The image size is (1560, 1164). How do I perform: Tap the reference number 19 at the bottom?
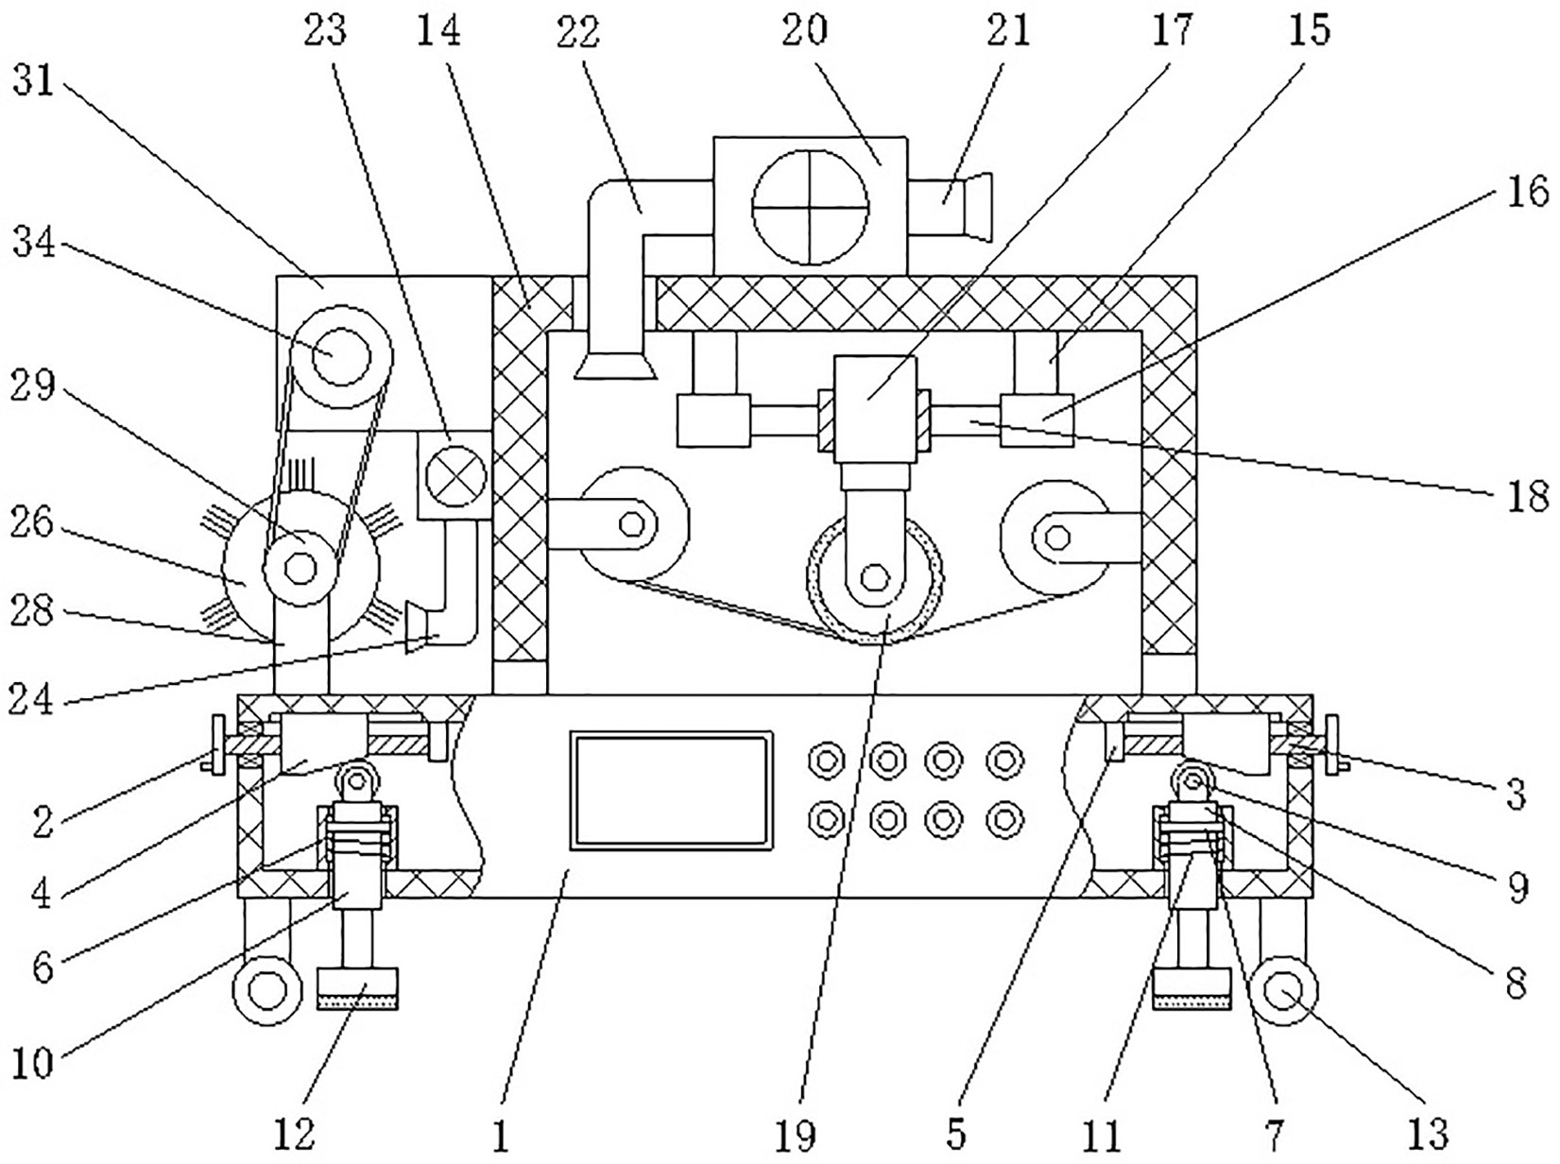point(796,1137)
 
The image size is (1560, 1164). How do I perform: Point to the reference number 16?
point(1527,192)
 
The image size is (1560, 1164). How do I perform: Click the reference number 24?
point(32,699)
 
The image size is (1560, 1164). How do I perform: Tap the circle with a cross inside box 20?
point(810,208)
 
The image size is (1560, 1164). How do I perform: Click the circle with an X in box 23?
point(455,476)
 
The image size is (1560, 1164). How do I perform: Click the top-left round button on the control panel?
point(826,762)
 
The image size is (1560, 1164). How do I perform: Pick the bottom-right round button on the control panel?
point(1004,821)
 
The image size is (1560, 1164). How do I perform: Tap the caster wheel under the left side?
point(268,991)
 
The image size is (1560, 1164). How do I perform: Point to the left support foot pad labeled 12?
point(357,989)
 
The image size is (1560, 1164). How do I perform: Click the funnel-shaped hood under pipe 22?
point(615,366)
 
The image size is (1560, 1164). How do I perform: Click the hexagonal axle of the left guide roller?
point(631,524)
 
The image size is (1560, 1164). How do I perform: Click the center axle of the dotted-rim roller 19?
point(874,578)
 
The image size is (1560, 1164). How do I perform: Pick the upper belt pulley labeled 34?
point(342,357)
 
